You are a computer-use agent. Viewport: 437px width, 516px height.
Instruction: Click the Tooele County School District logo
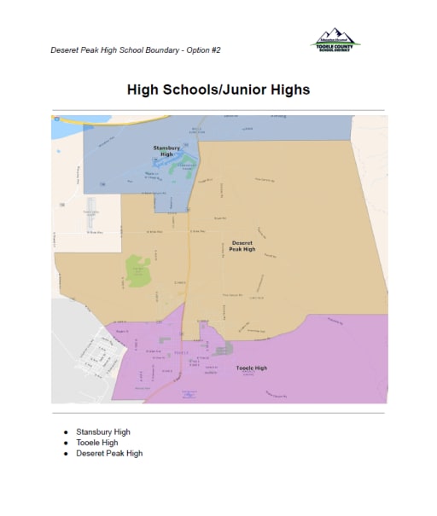[x=335, y=40]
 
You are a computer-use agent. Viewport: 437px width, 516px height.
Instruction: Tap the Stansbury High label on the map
[x=166, y=151]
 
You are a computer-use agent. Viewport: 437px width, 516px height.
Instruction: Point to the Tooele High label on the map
[x=251, y=368]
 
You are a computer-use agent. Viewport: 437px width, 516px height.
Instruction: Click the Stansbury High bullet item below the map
[x=102, y=432]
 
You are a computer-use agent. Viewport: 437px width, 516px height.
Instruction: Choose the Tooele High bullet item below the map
[x=96, y=443]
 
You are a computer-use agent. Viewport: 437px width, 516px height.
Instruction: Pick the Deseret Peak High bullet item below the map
[x=108, y=453]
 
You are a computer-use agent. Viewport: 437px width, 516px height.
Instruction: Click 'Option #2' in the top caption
[x=205, y=49]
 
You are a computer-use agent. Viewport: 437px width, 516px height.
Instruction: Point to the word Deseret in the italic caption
[x=64, y=49]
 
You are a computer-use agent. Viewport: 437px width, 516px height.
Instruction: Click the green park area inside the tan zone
[x=138, y=270]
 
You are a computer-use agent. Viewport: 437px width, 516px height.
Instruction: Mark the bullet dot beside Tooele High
[x=66, y=443]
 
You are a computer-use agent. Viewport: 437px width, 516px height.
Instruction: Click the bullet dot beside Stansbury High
[x=66, y=432]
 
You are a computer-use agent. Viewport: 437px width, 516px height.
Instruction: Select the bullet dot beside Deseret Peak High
[x=66, y=453]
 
